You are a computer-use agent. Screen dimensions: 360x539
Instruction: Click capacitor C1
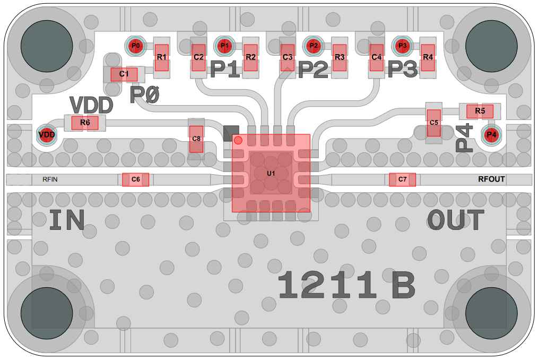click(x=124, y=74)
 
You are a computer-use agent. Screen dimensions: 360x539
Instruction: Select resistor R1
click(x=162, y=57)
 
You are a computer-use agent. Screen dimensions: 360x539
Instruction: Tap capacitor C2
click(x=198, y=57)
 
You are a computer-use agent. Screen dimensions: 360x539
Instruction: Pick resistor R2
click(x=251, y=57)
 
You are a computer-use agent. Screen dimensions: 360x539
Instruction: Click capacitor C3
click(x=287, y=57)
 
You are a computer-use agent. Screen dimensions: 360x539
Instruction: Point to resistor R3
click(x=340, y=57)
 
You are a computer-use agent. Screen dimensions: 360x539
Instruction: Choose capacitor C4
click(x=376, y=57)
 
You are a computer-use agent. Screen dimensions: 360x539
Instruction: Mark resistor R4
click(x=428, y=57)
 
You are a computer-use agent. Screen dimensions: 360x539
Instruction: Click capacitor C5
click(x=434, y=123)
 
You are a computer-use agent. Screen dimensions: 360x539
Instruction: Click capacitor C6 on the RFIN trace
click(x=135, y=180)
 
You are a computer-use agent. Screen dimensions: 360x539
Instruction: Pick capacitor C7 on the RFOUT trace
click(x=402, y=180)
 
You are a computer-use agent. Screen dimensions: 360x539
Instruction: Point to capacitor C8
click(x=196, y=139)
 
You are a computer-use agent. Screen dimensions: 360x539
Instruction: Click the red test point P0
click(x=136, y=46)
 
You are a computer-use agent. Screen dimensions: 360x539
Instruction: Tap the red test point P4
click(x=492, y=135)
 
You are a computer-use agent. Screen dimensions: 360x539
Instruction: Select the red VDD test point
click(x=47, y=135)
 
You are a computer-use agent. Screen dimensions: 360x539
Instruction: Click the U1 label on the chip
click(x=271, y=174)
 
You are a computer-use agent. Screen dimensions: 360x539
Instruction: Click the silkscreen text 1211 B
click(x=346, y=285)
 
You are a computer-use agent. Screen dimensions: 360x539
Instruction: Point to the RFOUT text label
click(x=491, y=179)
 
